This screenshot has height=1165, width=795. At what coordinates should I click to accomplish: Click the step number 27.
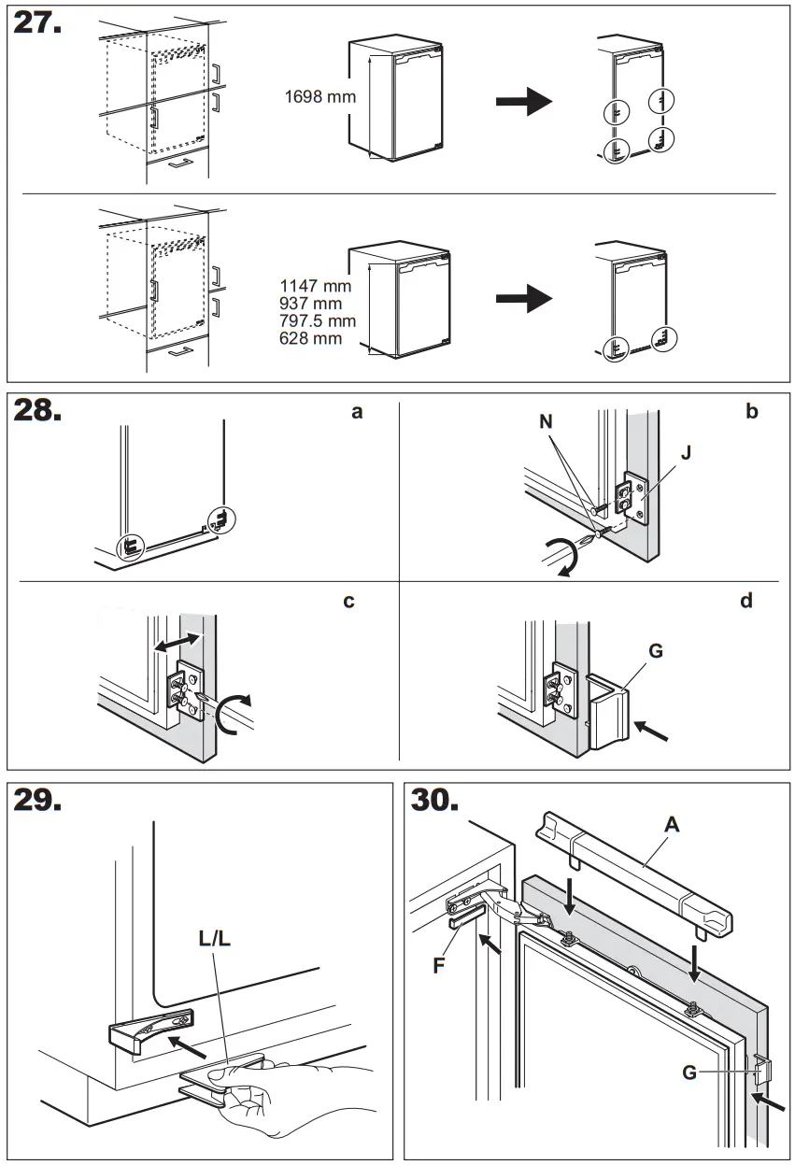[37, 23]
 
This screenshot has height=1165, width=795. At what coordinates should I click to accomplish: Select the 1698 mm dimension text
[319, 96]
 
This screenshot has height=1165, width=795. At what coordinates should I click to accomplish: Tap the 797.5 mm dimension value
[318, 321]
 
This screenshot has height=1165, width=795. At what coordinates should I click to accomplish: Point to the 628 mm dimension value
[310, 338]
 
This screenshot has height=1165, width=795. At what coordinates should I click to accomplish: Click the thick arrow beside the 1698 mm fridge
[524, 101]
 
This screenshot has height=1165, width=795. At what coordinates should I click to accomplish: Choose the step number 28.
[38, 412]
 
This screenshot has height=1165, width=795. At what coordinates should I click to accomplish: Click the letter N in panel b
[546, 421]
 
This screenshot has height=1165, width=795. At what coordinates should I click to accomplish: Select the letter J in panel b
[687, 454]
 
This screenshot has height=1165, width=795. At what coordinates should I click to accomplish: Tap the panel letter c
[348, 601]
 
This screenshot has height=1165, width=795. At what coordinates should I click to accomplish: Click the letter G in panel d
[655, 650]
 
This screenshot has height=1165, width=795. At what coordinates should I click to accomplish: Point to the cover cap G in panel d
[608, 715]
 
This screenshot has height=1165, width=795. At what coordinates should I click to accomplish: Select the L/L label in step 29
[214, 938]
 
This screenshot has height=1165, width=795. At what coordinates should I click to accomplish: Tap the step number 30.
[435, 801]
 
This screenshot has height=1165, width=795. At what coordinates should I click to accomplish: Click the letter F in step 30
[438, 966]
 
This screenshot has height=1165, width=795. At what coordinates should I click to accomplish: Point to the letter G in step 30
[689, 1073]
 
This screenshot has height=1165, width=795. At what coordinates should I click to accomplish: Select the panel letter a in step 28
[357, 411]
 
